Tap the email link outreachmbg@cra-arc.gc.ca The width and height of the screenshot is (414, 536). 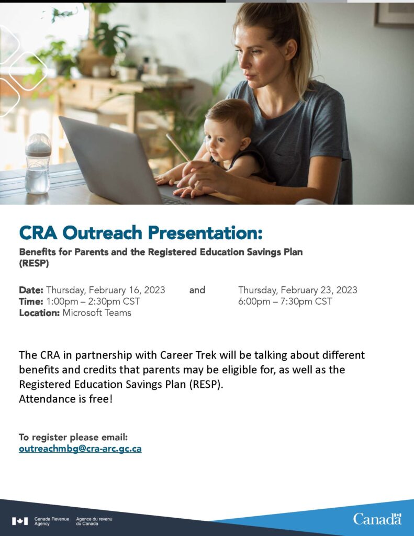80,449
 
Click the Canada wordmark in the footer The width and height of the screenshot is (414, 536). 377,519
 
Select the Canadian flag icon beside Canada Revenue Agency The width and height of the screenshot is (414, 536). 20,521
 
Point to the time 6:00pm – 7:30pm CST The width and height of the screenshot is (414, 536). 285,301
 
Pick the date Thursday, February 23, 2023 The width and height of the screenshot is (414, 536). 297,290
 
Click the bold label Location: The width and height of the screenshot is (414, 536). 40,313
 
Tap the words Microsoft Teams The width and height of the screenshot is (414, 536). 97,313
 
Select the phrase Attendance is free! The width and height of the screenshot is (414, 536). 65,399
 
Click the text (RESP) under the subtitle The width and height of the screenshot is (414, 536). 33,264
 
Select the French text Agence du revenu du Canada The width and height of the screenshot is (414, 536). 94,521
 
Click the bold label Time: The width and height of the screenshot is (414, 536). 31,301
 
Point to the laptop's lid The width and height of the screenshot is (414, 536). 110,157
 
